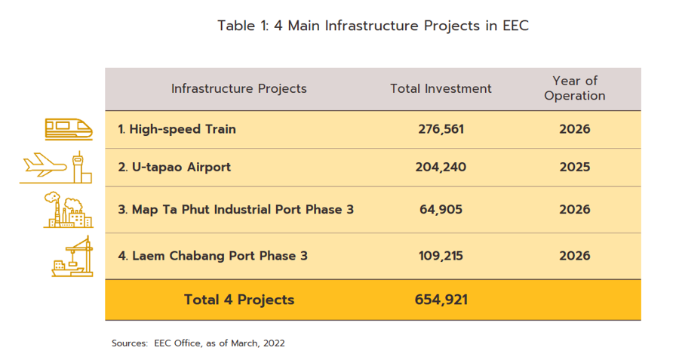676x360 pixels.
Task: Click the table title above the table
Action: (373, 26)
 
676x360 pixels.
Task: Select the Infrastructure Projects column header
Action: (238, 88)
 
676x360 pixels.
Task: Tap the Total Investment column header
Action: (441, 88)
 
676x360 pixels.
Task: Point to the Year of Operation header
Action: (574, 88)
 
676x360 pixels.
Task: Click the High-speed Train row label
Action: (177, 129)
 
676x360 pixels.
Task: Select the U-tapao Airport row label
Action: (174, 167)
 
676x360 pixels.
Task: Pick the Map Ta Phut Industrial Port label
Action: (235, 209)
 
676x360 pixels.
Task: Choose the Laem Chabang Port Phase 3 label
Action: (213, 255)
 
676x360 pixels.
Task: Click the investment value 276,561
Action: (441, 129)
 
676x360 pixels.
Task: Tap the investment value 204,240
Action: (441, 167)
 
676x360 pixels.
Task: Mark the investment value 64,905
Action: (441, 209)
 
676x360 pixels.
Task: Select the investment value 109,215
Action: (441, 255)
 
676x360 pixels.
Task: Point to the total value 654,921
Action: (441, 300)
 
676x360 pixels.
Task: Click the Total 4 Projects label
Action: (239, 300)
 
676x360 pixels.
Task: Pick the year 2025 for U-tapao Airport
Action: (574, 167)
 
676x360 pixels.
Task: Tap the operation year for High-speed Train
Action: (574, 129)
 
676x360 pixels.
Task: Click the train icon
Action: (68, 129)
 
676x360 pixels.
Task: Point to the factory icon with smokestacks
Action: (68, 210)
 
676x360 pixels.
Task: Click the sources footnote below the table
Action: (198, 343)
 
